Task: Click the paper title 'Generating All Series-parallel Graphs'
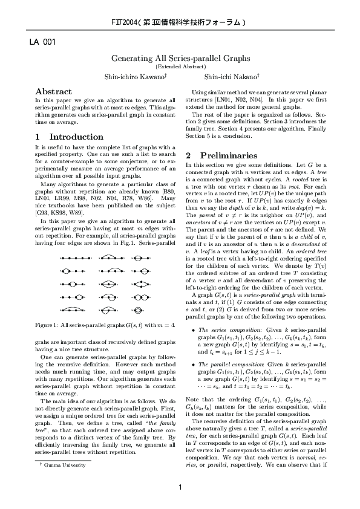pos(180,58)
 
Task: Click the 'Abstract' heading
pos(54,90)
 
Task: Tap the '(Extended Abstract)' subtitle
pos(180,66)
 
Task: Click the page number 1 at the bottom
pos(180,488)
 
